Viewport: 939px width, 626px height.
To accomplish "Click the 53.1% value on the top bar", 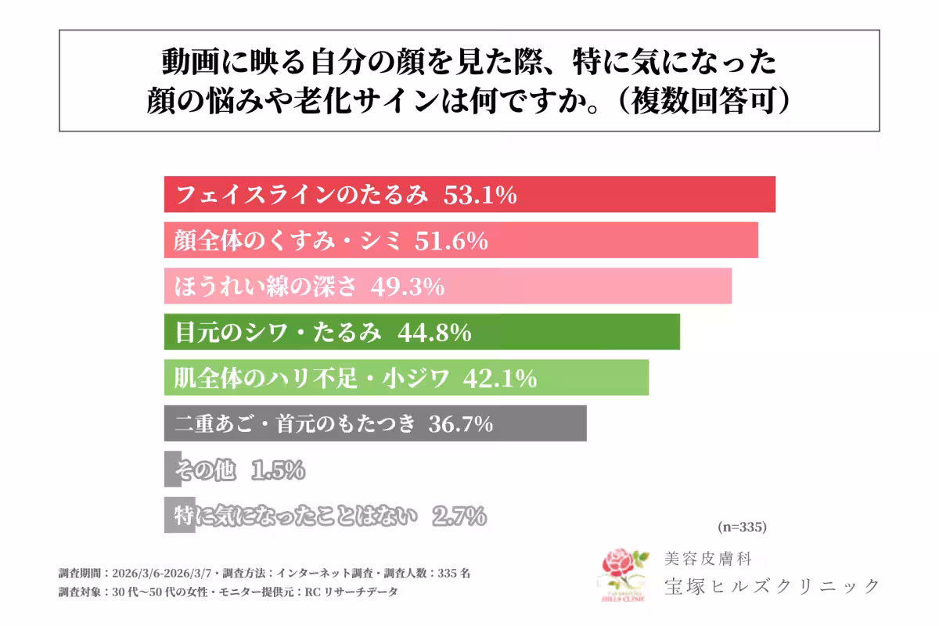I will (480, 195).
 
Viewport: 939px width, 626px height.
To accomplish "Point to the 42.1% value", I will (500, 379).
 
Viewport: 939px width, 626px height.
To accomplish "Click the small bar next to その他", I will (172, 469).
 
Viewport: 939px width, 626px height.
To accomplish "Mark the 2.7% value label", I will (459, 516).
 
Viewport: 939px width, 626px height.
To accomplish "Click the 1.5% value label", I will (278, 470).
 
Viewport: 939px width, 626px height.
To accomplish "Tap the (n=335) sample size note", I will (741, 526).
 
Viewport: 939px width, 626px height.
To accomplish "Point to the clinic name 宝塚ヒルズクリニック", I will (771, 585).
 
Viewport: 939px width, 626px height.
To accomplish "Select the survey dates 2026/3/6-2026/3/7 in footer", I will (165, 573).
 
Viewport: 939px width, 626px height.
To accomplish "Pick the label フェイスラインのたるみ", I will (304, 195).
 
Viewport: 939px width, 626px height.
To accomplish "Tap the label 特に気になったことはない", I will (297, 516).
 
